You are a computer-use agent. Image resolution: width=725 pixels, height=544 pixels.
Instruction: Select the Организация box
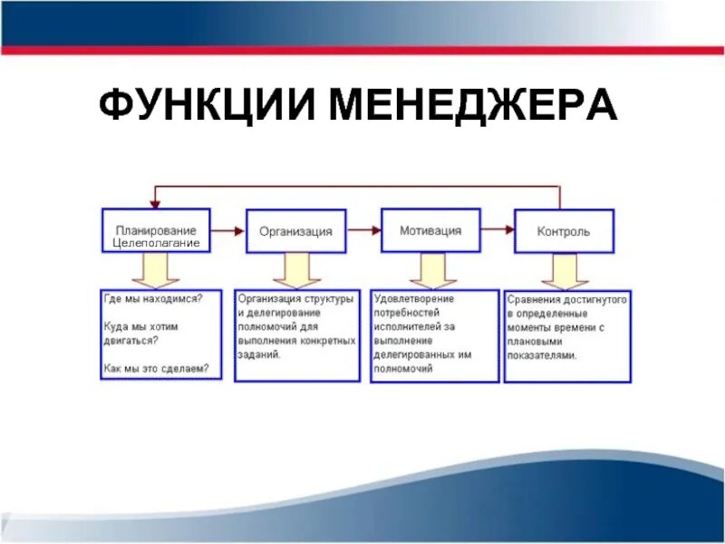[295, 231]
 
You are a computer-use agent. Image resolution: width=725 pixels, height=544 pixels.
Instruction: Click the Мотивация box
[430, 230]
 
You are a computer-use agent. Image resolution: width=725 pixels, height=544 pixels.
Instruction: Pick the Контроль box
[564, 231]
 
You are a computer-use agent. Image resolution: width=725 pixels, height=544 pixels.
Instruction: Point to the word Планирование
[156, 230]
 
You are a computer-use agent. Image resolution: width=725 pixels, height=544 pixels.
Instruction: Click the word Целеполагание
[156, 243]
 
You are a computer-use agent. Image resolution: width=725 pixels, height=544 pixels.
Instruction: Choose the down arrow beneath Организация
[293, 269]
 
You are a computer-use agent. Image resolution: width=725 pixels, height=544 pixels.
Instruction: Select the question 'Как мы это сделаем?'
[156, 368]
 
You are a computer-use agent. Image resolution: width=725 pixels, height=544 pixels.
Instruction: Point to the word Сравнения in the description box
[531, 298]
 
